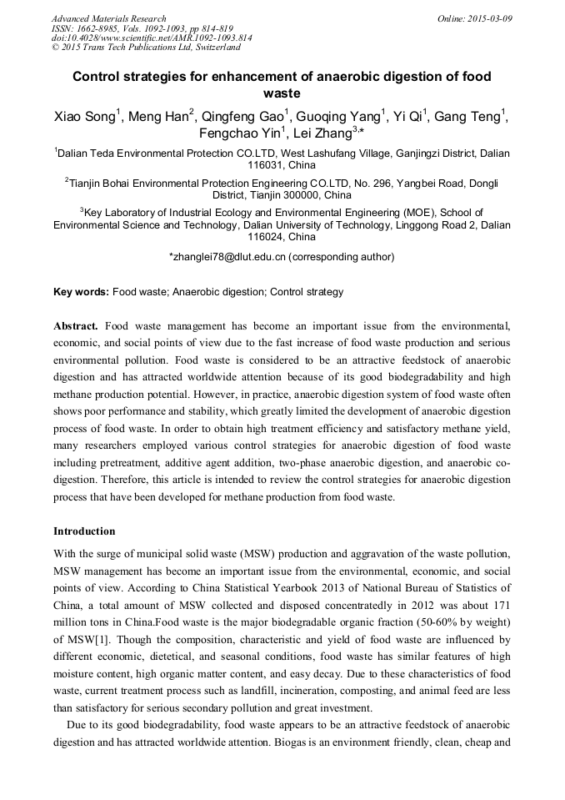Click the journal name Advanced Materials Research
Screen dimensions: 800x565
[108, 18]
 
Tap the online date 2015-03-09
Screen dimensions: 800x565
[487, 18]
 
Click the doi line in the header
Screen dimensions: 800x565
[152, 38]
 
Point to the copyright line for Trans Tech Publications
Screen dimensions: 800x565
[146, 48]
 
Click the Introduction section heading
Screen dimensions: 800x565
[84, 531]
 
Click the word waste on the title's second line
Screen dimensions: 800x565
[282, 94]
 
